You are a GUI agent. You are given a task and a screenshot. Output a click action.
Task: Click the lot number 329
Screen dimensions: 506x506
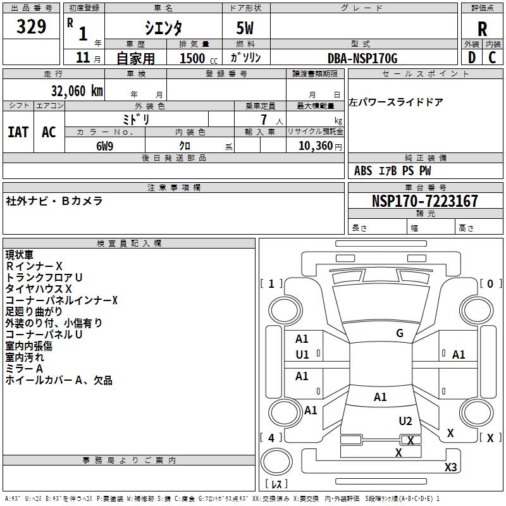coord(31,26)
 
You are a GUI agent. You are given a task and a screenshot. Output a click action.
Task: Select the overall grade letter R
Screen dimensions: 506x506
coord(482,29)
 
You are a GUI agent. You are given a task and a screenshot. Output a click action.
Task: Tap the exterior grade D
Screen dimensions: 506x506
coord(472,58)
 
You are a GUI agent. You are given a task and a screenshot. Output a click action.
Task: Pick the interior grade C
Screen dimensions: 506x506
coord(492,58)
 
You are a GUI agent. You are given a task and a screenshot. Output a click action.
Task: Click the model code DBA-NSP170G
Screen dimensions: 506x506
coord(362,58)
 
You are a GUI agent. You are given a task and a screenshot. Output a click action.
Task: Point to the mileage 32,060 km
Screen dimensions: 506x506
coord(77,91)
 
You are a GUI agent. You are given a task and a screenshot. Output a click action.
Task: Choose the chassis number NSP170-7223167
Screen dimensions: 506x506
coord(424,201)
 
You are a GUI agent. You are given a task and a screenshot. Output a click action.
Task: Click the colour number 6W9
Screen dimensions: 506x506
coord(104,146)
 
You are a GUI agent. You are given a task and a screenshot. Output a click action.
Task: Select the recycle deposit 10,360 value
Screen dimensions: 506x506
coord(316,146)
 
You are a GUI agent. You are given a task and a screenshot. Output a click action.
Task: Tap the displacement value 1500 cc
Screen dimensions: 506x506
coord(199,58)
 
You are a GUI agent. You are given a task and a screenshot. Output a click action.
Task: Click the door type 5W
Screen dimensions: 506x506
coord(245,28)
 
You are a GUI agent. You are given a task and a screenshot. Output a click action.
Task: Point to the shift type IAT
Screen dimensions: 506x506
coord(18,132)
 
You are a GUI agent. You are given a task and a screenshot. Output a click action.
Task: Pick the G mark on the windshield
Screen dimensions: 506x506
coord(400,333)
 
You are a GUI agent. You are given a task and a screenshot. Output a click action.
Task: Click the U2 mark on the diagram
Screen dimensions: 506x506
coord(405,421)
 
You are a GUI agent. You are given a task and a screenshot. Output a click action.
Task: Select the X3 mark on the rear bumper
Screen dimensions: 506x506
coord(450,467)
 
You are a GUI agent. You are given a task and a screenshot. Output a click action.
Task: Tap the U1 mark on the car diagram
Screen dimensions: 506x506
coord(302,355)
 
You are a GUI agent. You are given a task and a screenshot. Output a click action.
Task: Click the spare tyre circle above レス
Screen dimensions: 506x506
coord(276,462)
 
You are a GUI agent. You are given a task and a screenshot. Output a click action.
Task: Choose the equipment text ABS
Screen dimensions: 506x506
coord(363,171)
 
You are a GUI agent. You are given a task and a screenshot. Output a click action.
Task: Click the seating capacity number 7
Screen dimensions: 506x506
coord(264,120)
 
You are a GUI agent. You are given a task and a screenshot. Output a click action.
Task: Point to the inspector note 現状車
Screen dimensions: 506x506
coord(20,255)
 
